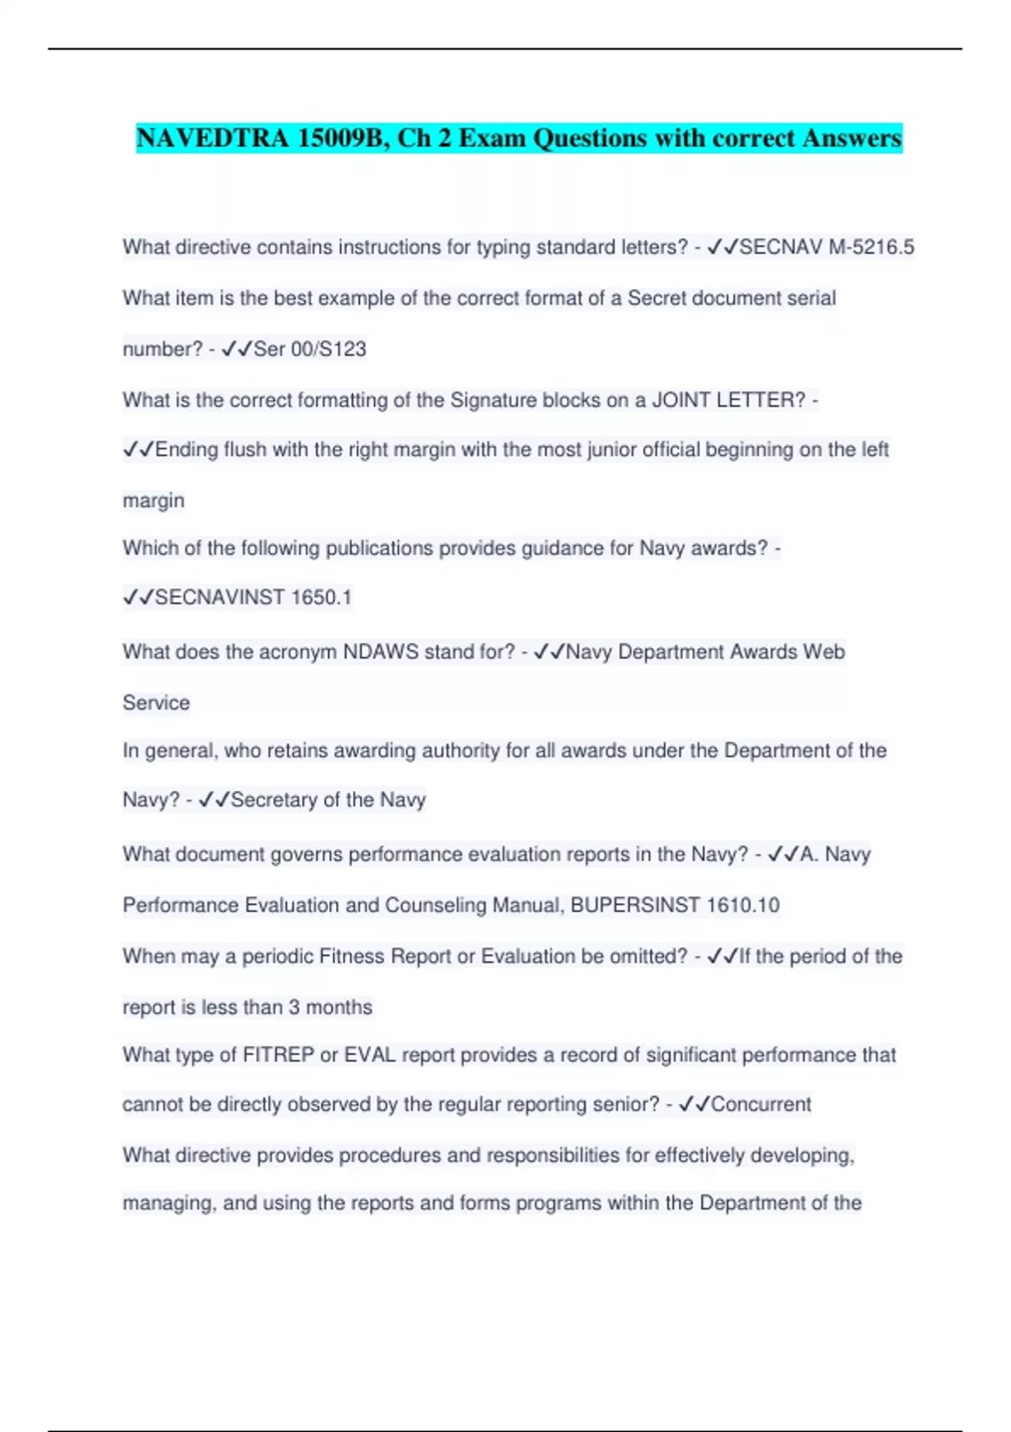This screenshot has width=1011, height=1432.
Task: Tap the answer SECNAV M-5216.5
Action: pyautogui.click(x=826, y=247)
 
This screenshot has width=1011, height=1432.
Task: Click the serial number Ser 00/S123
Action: pyautogui.click(x=309, y=349)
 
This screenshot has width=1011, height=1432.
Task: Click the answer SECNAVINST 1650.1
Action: pyautogui.click(x=253, y=597)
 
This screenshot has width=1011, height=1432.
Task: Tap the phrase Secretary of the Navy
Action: pyautogui.click(x=328, y=799)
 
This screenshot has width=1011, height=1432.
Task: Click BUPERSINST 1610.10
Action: pyautogui.click(x=675, y=906)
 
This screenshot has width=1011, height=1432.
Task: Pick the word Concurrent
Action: pyautogui.click(x=761, y=1104)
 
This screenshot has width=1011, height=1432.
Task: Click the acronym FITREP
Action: pyautogui.click(x=278, y=1055)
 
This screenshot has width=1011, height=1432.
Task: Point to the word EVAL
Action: pyautogui.click(x=370, y=1055)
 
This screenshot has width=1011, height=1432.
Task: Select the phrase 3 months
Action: pyautogui.click(x=330, y=1007)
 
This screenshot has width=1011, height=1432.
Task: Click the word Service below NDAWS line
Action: pyautogui.click(x=156, y=703)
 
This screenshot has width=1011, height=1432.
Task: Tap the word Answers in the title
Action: pyautogui.click(x=851, y=137)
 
